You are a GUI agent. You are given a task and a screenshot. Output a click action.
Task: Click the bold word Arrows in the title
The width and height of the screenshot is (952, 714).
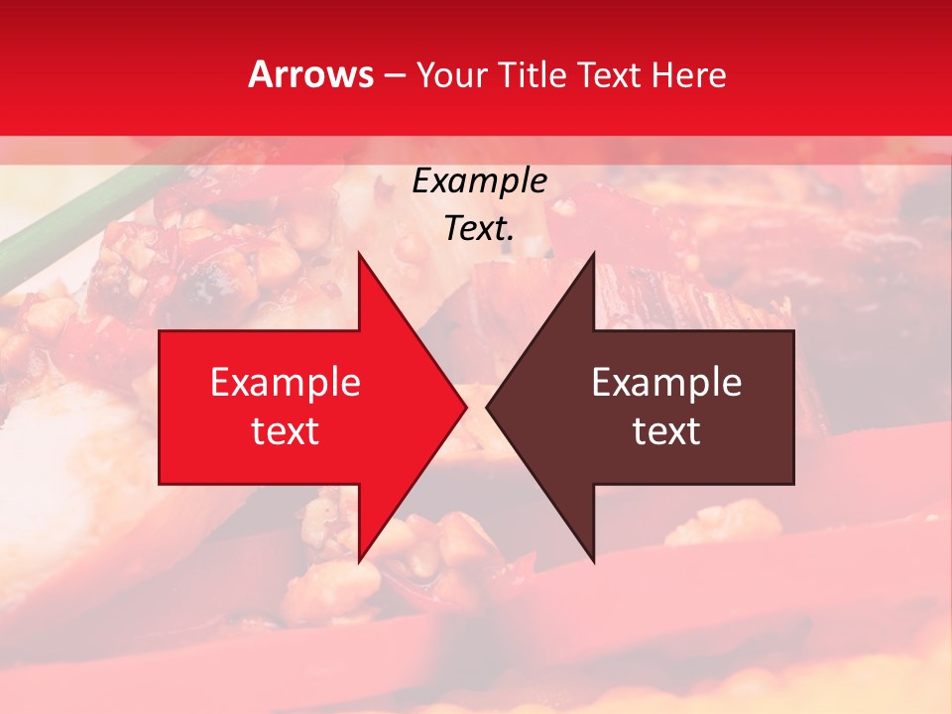[311, 74]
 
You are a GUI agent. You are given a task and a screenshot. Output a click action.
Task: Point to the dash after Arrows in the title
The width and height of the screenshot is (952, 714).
[393, 76]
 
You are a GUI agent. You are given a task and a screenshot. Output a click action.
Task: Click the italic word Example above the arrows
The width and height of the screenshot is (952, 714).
[479, 180]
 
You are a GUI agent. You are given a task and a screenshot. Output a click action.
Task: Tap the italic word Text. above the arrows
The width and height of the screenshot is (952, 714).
[479, 228]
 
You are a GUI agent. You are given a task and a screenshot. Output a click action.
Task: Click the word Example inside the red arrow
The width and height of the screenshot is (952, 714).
[286, 382]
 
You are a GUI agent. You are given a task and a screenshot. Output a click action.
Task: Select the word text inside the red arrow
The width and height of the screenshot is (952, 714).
[286, 431]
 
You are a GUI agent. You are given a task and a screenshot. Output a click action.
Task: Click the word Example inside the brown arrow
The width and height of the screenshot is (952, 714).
[666, 382]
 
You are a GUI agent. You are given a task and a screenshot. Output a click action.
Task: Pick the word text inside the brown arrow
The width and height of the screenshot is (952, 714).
[666, 431]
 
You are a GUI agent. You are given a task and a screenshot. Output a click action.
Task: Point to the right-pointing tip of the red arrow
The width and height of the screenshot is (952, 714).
[465, 407]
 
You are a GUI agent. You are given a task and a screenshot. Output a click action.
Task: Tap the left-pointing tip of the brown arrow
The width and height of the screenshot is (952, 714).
[488, 407]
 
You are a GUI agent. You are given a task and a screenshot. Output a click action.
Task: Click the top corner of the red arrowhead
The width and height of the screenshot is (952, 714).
[359, 254]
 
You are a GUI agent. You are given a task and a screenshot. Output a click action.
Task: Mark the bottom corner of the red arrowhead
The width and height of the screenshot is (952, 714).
[359, 561]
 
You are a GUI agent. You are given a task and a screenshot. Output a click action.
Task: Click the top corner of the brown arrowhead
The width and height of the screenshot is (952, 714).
[594, 254]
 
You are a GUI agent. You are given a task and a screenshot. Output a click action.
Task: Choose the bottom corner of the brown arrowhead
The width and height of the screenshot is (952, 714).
[594, 561]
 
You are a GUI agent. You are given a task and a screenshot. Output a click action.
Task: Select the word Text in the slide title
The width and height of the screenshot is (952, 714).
[608, 75]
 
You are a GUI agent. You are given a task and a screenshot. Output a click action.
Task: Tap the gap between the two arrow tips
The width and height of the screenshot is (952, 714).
[476, 407]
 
